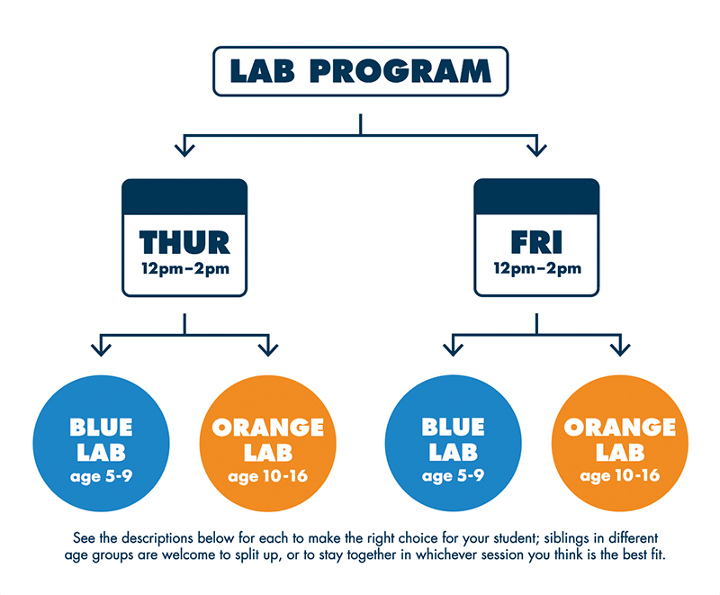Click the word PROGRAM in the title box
click(400, 71)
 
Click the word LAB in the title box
click(262, 71)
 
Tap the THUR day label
click(184, 242)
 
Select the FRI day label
click(536, 242)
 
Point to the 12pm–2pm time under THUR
click(185, 268)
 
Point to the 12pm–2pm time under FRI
click(537, 268)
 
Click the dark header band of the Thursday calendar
click(184, 197)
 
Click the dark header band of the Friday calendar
click(536, 197)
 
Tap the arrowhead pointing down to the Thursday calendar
click(184, 150)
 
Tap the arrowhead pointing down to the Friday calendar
click(536, 150)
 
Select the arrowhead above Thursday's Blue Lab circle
click(101, 350)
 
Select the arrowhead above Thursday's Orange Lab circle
click(268, 350)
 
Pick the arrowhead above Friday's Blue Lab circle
click(454, 350)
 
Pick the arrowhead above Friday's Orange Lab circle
click(620, 350)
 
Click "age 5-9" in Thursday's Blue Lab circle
click(101, 476)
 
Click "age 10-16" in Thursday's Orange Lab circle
click(267, 476)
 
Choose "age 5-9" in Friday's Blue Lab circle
click(454, 476)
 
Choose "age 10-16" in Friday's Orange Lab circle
click(620, 476)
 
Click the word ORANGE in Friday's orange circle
click(620, 427)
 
